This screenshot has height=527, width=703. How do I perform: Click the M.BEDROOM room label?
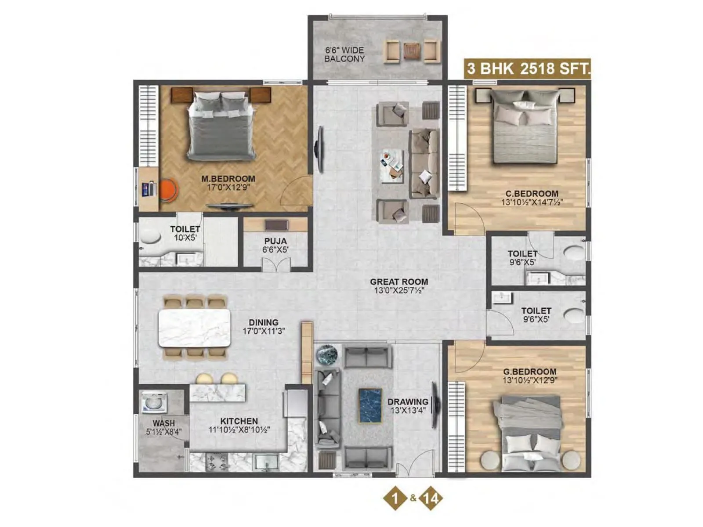(228, 179)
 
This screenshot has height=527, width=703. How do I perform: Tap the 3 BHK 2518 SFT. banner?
(528, 69)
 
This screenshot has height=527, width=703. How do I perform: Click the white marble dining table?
(194, 328)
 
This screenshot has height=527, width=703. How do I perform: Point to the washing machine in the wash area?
(153, 402)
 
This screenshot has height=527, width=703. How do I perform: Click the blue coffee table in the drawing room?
(370, 405)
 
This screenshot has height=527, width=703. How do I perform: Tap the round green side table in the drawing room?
(326, 354)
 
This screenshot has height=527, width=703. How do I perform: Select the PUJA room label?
(275, 241)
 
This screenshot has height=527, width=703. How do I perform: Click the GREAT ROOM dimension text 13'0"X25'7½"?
(399, 290)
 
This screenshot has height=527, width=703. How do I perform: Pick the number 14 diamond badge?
(431, 498)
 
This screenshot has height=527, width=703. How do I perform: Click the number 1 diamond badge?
(395, 498)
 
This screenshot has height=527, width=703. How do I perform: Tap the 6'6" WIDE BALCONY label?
(344, 54)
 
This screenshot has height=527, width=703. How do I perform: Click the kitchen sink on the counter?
(266, 462)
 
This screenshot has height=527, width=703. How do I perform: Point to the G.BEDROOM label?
(529, 372)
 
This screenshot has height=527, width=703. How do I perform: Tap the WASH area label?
(164, 423)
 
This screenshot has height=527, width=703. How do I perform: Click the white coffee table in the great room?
(392, 166)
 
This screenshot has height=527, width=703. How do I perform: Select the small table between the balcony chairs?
(412, 51)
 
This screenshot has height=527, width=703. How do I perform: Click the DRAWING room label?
(407, 401)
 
